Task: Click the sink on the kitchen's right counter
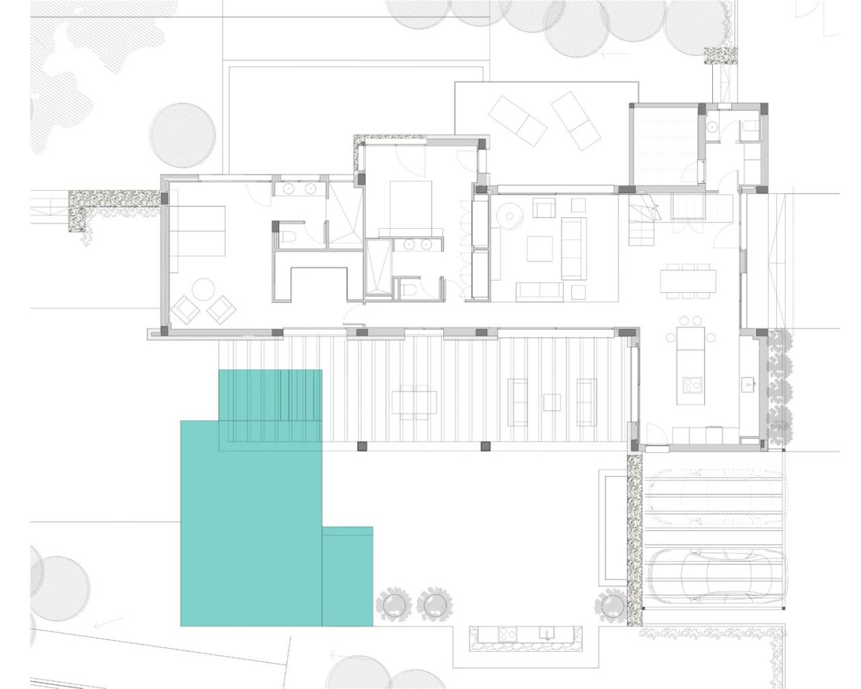(x=748, y=386)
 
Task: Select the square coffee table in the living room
(x=539, y=248)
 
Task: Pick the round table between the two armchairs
(x=202, y=291)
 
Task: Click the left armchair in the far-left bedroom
(x=184, y=310)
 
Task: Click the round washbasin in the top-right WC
(x=712, y=126)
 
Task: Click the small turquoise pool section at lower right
(x=347, y=577)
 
